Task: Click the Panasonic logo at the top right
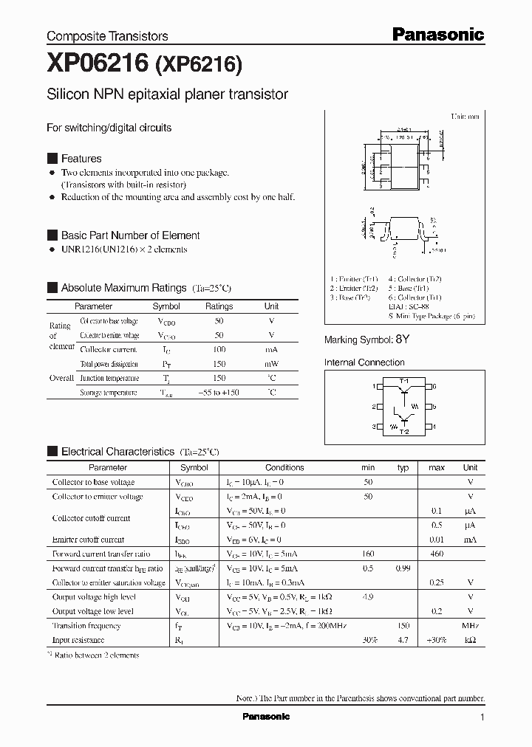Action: point(437,34)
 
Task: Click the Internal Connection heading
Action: point(364,362)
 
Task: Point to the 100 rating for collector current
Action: point(219,349)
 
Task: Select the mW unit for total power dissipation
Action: point(271,364)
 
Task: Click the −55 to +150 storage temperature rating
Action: point(219,393)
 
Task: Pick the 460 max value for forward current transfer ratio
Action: point(437,554)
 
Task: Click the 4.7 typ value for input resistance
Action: point(403,640)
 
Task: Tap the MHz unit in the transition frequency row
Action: point(470,625)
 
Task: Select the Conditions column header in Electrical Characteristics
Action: point(284,467)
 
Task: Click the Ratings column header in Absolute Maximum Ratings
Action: point(219,306)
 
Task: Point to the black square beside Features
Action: point(52,159)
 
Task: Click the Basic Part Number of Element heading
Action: point(130,235)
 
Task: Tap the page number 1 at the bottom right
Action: point(482,717)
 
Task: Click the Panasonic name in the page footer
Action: point(266,717)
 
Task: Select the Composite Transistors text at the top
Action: point(107,35)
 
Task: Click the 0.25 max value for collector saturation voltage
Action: point(437,582)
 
